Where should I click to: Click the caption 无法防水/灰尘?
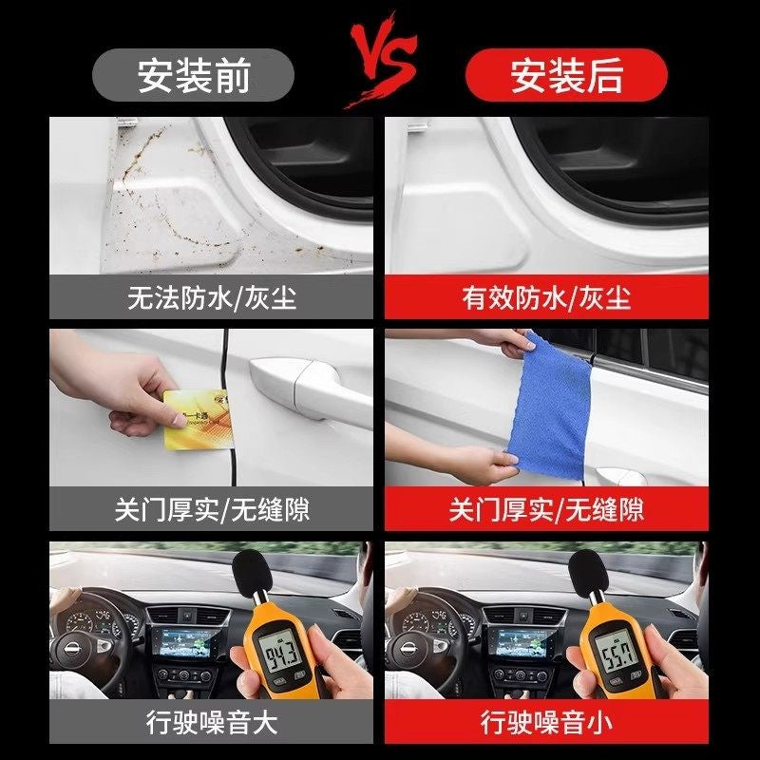click(x=211, y=298)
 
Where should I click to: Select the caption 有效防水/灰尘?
click(x=546, y=298)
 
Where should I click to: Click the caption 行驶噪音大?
click(x=211, y=722)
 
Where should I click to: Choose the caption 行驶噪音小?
click(x=546, y=722)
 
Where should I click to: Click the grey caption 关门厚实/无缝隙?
click(x=211, y=510)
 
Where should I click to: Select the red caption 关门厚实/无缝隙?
click(x=546, y=510)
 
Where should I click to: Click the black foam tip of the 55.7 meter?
click(x=581, y=570)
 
